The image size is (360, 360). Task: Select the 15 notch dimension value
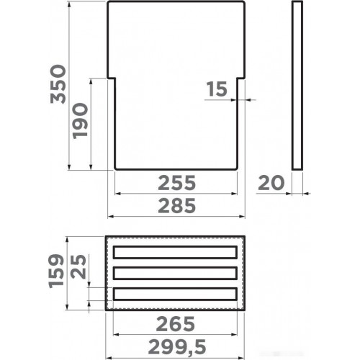217,89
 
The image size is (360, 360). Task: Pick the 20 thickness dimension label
271,183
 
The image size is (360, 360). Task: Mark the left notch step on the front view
111,76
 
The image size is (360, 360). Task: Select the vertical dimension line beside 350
70,85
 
